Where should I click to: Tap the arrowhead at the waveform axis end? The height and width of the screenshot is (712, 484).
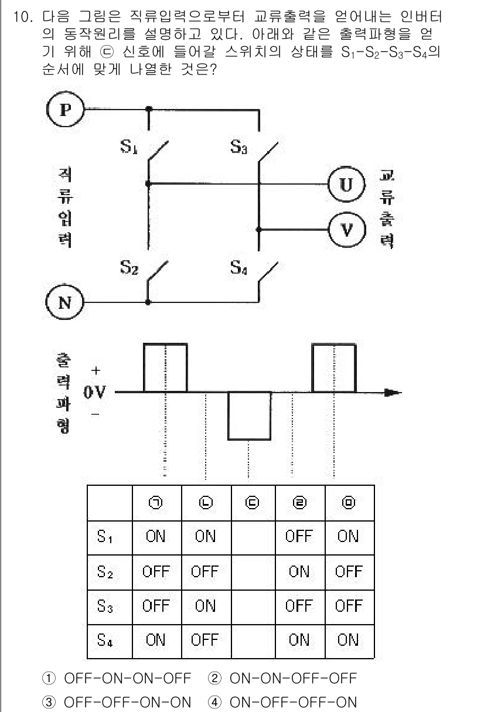394,392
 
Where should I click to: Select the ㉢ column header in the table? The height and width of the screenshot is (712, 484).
254,503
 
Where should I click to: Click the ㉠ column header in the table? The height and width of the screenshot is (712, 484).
156,503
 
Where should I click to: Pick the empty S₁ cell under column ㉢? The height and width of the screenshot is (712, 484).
254,536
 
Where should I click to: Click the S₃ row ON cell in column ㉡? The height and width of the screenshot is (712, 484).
205,605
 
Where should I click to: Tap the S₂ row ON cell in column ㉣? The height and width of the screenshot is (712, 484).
300,571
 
